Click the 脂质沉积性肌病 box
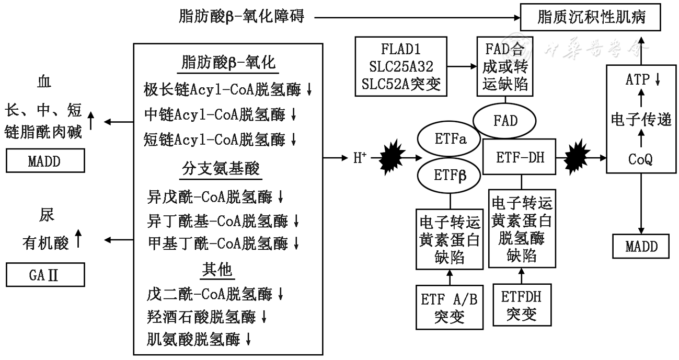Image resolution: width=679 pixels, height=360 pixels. tap(592, 17)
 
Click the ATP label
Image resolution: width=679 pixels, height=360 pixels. tap(639, 80)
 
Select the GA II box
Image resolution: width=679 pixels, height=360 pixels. tap(45, 275)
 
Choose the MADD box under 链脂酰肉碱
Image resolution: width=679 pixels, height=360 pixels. tap(45, 161)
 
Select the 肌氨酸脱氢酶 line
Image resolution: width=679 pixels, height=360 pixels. tap(199, 340)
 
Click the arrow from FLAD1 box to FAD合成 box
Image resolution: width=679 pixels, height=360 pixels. tap(462, 67)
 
